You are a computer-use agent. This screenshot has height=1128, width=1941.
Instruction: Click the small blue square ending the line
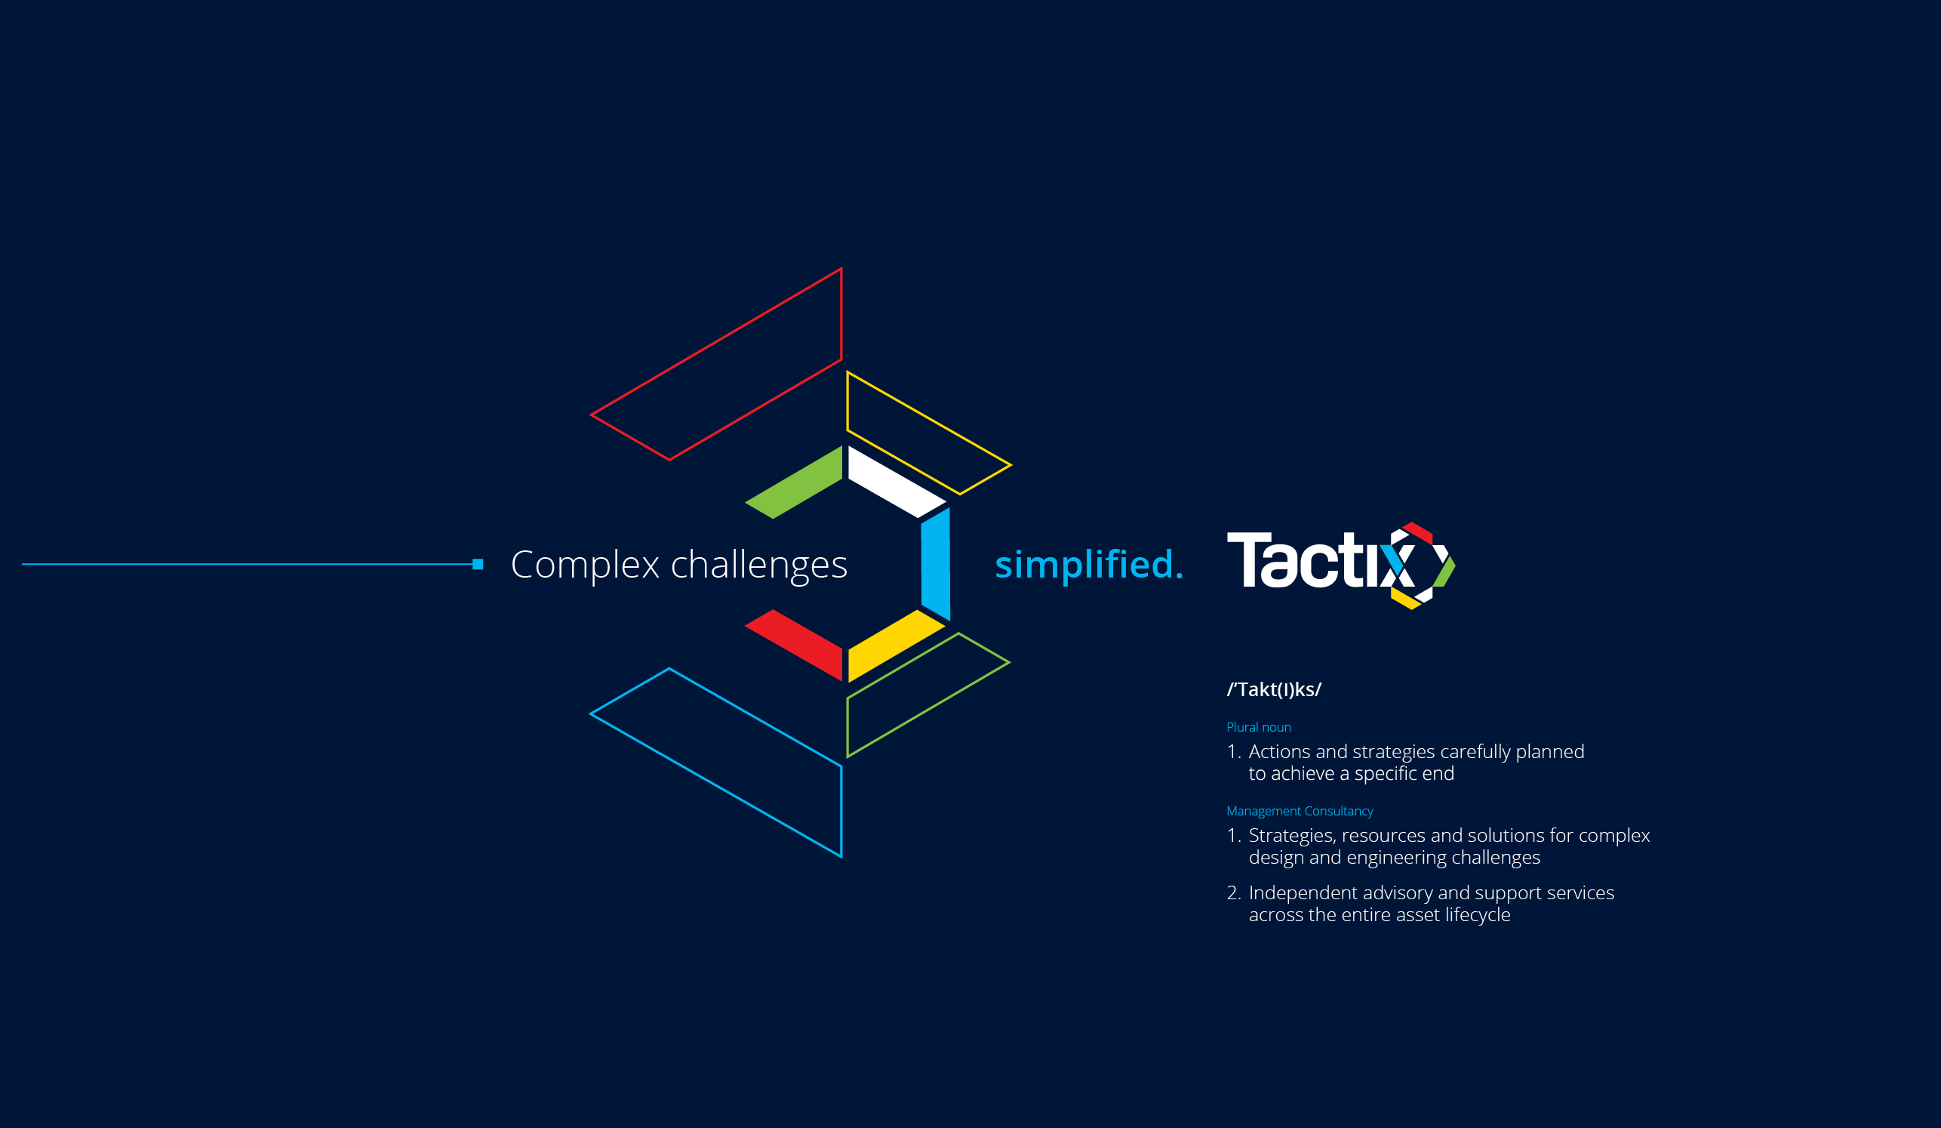478,564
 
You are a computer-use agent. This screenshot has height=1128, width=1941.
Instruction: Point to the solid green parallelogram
794,482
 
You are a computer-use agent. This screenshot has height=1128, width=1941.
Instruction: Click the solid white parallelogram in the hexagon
897,482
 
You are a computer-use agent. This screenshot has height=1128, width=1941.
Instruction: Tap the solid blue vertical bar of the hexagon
935,564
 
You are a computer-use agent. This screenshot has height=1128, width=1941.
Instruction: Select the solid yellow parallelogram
897,646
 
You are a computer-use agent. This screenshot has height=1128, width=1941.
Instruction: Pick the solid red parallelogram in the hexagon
794,646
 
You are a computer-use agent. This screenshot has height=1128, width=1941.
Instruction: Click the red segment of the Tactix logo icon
1418,532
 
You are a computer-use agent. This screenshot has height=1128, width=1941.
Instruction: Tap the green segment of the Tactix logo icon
1445,572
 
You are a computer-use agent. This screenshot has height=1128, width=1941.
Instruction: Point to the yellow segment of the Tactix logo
1405,599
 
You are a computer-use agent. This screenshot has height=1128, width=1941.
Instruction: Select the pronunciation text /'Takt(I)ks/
1274,689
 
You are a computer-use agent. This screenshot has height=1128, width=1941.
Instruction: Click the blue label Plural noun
1259,727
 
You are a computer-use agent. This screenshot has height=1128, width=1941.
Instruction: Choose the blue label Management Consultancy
1300,812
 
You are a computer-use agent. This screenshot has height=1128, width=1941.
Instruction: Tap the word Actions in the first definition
1279,751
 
